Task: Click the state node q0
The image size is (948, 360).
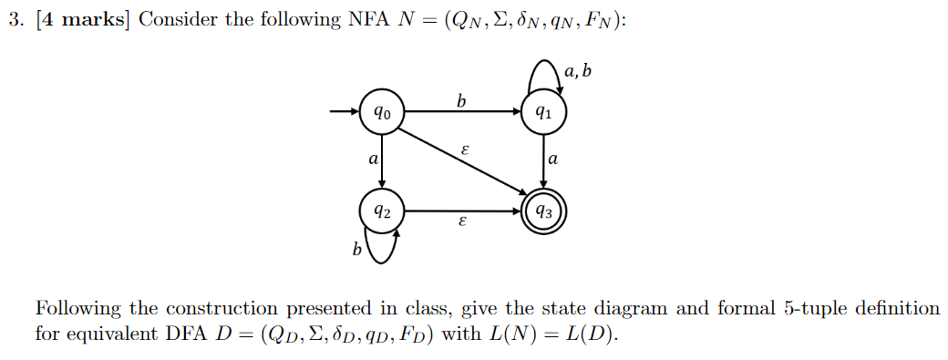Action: (381, 114)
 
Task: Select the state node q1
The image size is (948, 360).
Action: (544, 114)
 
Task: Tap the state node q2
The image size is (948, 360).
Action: (381, 211)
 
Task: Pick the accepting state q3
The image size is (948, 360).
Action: (544, 212)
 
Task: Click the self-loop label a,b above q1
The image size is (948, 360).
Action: (578, 70)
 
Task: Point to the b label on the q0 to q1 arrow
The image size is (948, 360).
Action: (461, 101)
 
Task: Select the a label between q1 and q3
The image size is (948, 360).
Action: (552, 159)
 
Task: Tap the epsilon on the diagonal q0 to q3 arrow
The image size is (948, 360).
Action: (466, 149)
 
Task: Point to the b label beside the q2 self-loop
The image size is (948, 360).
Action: (357, 248)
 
